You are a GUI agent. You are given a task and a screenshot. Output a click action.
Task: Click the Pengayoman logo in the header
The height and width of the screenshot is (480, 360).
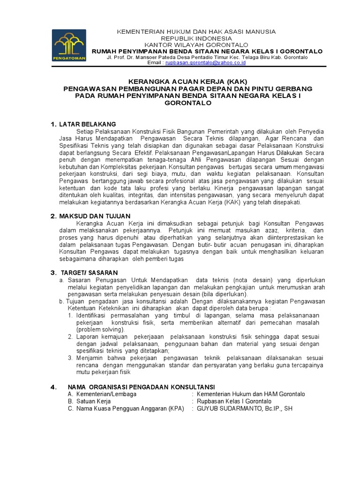69,45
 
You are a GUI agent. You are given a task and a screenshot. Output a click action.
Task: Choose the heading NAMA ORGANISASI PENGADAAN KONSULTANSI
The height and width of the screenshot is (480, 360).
141,387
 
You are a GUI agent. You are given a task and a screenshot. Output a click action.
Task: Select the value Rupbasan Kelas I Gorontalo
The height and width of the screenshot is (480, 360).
234,401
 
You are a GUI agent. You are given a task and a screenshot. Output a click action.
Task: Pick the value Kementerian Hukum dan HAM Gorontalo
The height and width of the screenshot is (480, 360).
251,394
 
